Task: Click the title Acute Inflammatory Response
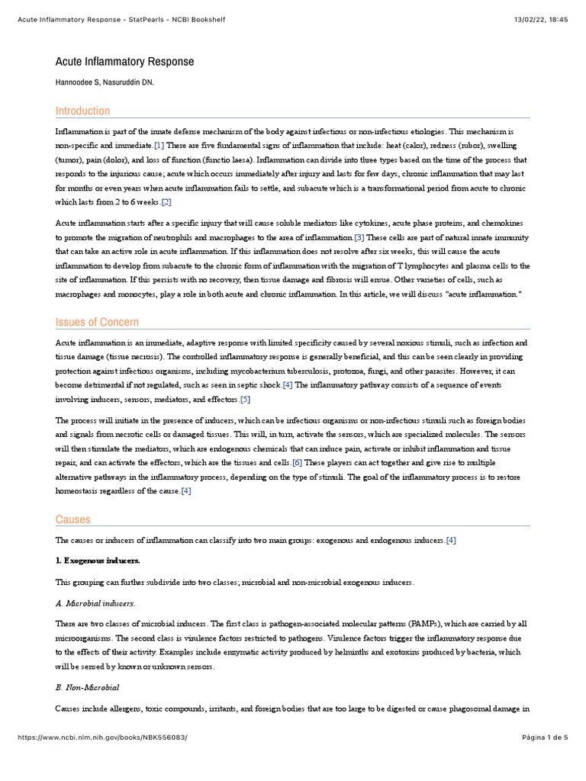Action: [124, 62]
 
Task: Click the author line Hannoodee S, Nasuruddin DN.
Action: [105, 82]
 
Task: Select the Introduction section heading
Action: [82, 111]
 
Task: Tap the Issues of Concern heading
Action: [97, 322]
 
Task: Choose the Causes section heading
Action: [72, 519]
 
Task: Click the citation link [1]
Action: [159, 145]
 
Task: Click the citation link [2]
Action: [166, 202]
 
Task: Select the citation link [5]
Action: [245, 400]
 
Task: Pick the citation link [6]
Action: [298, 462]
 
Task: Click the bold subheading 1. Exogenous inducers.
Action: [98, 561]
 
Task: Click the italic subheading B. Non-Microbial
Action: [87, 688]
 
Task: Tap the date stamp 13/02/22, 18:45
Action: [543, 18]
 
